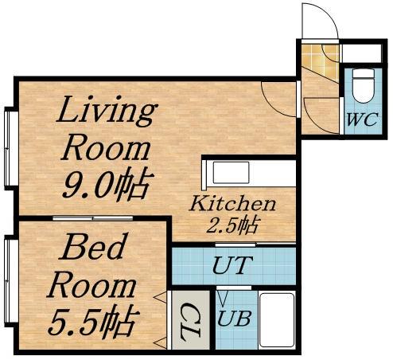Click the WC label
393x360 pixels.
coord(362,119)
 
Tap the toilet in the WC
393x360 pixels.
coord(364,86)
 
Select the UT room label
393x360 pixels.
coord(232,265)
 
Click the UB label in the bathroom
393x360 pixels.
coord(234,318)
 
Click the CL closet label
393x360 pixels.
coord(189,322)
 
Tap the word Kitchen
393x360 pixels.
coord(232,204)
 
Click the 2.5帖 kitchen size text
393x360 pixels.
coord(233,225)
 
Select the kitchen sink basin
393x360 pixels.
coord(231,173)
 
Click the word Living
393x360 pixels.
coord(106,111)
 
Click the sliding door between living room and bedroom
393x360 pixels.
coord(93,218)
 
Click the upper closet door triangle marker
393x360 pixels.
coord(161,297)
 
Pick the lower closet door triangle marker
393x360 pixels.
coord(161,342)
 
